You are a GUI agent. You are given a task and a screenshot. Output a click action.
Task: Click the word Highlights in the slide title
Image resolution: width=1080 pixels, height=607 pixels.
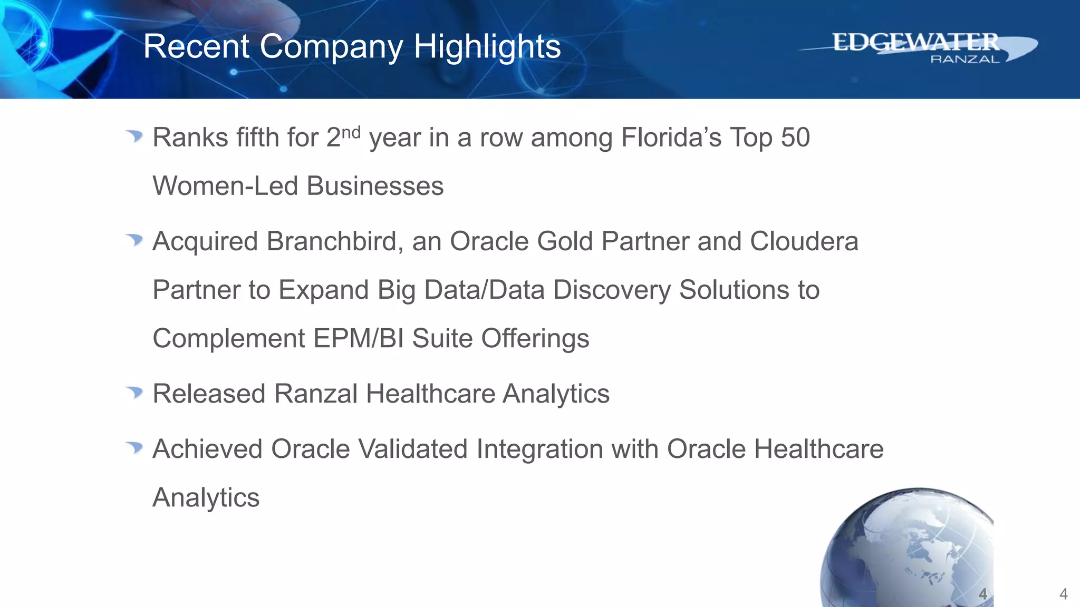point(487,47)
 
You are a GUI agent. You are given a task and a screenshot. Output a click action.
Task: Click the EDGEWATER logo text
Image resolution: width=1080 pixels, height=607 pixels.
point(915,42)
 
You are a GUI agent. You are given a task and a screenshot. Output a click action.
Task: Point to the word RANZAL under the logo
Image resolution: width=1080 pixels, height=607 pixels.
point(965,59)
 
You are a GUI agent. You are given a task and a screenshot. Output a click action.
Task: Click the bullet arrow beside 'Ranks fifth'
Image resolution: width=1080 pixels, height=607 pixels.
point(134,136)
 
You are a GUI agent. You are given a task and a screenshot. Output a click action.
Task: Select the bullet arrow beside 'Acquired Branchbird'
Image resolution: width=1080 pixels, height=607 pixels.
point(134,240)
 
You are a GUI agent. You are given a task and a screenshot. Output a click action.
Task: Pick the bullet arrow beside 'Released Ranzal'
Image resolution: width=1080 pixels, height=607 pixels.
point(134,393)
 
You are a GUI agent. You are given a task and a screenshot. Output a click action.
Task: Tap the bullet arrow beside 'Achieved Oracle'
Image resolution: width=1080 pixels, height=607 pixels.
point(134,448)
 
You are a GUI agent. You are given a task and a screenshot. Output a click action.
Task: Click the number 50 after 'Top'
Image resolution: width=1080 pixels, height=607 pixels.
point(795,138)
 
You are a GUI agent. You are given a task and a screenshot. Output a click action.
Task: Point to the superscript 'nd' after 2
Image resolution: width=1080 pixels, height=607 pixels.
point(351,132)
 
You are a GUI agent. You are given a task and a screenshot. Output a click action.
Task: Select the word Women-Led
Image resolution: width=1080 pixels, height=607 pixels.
point(225,186)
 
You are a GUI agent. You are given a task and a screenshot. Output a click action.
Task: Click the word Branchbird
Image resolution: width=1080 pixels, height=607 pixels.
point(335,241)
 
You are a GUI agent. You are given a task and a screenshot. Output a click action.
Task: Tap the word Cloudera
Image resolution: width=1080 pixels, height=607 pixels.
point(804,241)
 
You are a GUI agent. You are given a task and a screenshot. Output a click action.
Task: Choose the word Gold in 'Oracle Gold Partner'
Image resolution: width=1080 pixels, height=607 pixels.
point(565,241)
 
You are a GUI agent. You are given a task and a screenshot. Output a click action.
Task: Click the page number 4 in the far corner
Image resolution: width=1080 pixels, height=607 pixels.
point(1063,594)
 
